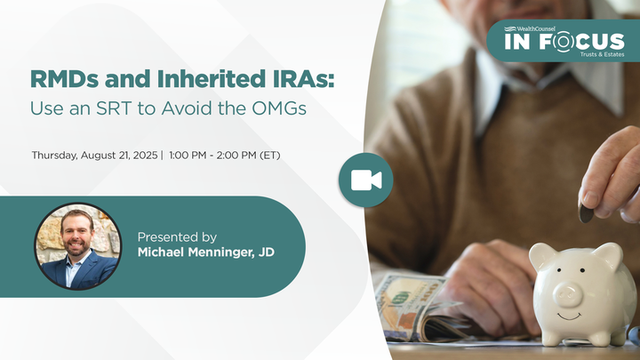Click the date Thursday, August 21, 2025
(94, 155)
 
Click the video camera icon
(365, 179)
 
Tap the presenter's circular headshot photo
(77, 246)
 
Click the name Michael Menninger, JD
(205, 253)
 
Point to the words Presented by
(177, 237)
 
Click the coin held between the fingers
(588, 212)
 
